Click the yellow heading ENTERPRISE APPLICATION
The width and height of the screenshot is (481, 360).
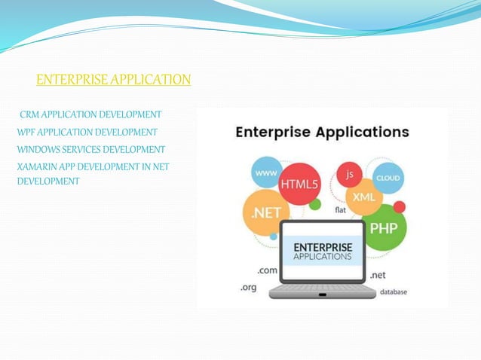coord(113,79)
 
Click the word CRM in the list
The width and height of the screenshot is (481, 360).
coord(29,115)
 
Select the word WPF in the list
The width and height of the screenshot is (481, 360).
coord(26,132)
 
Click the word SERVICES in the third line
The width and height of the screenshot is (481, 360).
coord(87,149)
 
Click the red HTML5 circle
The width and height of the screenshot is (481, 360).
coord(299,184)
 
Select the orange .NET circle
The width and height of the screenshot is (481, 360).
coord(266,213)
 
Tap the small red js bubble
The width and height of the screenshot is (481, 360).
coord(349,174)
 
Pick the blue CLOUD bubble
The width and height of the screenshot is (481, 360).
coord(389,178)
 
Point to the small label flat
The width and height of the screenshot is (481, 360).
coord(341,210)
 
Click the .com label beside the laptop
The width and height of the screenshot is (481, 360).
coord(267,270)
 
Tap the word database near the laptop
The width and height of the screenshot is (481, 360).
coord(394,291)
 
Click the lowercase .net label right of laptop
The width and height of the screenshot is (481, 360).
coord(378,275)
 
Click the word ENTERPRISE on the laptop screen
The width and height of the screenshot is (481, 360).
coord(322,246)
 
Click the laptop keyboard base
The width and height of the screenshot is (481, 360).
coord(322,288)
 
